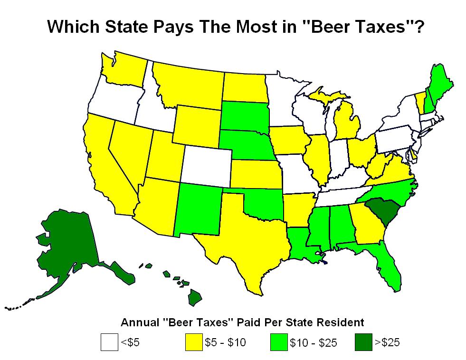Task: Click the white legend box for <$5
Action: (109, 342)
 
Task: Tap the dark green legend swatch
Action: (364, 342)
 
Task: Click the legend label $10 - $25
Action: (314, 342)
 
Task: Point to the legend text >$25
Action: (388, 342)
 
